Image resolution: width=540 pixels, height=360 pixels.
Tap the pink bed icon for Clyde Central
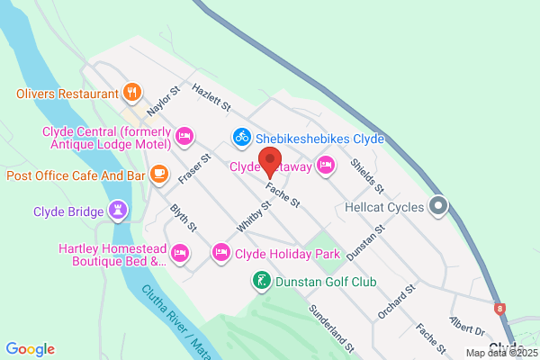click(184, 136)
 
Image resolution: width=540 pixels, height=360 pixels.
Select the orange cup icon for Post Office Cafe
click(158, 173)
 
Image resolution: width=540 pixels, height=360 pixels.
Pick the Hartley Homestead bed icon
click(180, 252)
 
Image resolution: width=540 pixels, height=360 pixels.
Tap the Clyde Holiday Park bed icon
click(220, 253)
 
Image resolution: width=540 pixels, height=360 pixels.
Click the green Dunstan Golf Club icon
click(260, 281)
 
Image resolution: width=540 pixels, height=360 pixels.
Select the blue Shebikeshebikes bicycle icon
click(241, 137)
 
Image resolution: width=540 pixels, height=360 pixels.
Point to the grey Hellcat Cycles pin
click(438, 206)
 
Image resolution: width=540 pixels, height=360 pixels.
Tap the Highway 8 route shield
click(500, 308)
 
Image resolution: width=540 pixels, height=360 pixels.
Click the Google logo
click(30, 348)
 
